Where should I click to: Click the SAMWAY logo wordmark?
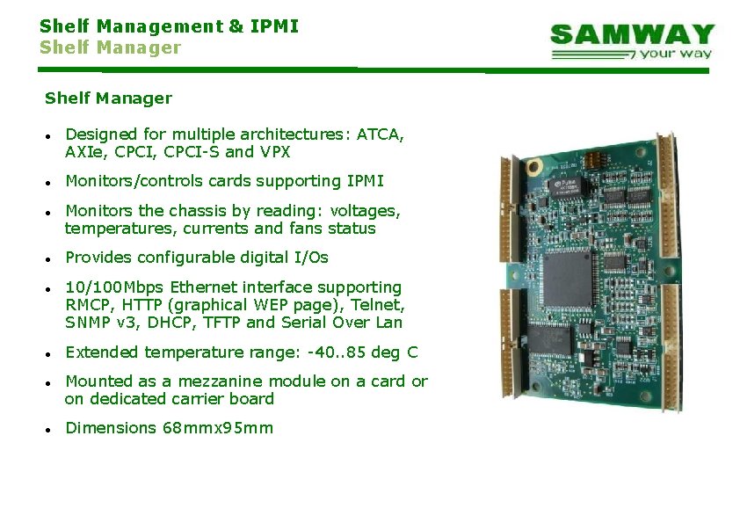[x=632, y=35]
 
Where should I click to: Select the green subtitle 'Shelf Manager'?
[x=110, y=47]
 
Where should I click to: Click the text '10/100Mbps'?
[x=115, y=287]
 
